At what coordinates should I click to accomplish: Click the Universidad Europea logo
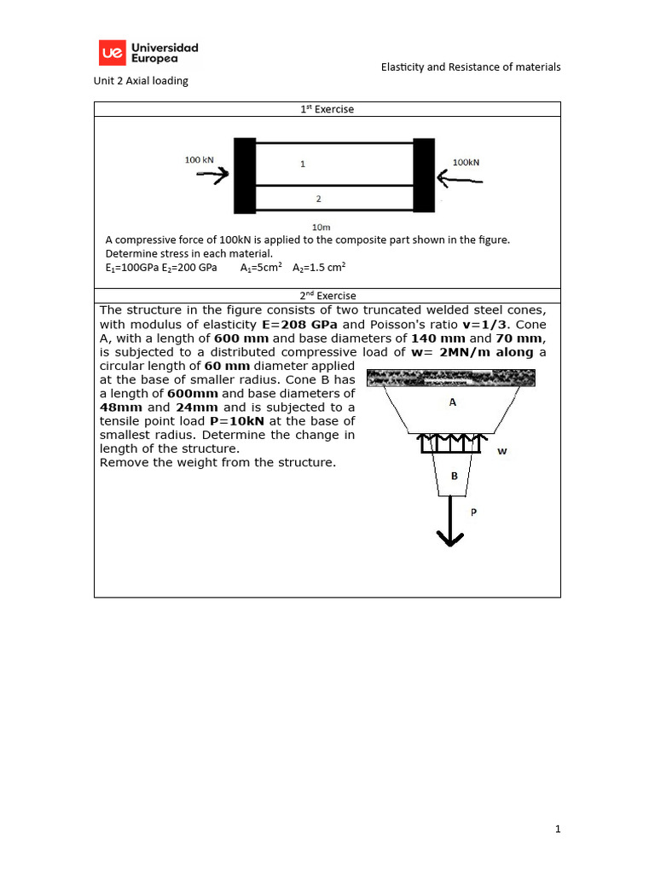[x=149, y=53]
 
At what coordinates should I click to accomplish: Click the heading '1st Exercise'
[x=327, y=109]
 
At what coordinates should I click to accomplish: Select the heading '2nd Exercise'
[x=327, y=296]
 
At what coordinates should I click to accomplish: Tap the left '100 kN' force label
[x=200, y=159]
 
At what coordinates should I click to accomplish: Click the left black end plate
[x=244, y=176]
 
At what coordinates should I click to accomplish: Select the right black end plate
[x=424, y=176]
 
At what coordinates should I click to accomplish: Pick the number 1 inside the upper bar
[x=302, y=164]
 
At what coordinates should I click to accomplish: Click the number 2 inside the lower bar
[x=318, y=199]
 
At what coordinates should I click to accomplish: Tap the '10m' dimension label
[x=322, y=227]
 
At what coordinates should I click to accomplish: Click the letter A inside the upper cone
[x=453, y=403]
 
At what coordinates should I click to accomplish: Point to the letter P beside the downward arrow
[x=475, y=512]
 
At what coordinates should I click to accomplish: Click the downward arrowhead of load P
[x=449, y=537]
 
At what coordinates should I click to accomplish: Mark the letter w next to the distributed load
[x=501, y=451]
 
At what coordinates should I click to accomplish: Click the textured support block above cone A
[x=450, y=377]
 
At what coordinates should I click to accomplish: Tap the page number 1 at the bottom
[x=557, y=828]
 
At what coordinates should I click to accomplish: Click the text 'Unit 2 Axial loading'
[x=141, y=81]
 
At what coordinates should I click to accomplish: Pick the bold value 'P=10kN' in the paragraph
[x=236, y=421]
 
